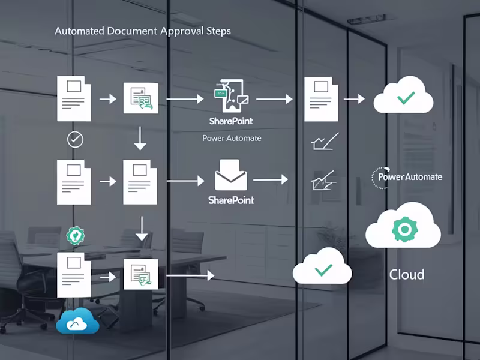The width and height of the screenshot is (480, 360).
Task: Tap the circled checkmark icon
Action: (75, 140)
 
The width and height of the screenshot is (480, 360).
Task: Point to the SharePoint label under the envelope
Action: (231, 200)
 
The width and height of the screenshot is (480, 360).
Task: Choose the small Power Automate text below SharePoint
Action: (232, 138)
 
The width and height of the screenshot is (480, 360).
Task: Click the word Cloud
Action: (407, 275)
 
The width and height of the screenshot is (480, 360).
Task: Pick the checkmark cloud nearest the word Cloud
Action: (322, 268)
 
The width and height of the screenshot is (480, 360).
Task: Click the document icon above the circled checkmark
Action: (74, 98)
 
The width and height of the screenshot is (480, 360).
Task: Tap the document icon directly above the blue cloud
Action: (74, 275)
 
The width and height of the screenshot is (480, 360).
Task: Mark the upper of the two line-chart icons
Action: (325, 142)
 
